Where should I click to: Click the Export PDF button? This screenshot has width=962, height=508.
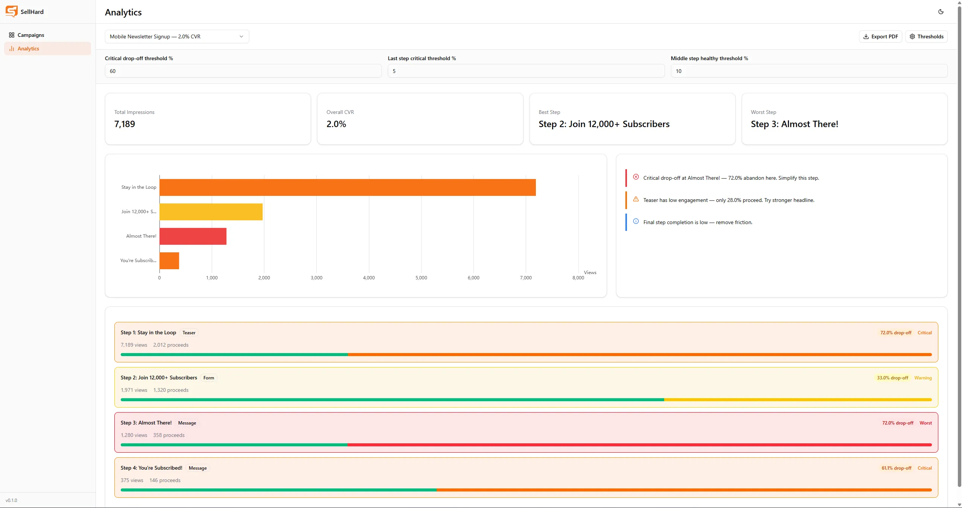[880, 36]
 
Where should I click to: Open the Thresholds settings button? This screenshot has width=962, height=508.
[926, 36]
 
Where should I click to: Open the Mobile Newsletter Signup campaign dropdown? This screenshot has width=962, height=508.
[177, 36]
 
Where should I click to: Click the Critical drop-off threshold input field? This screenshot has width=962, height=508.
[243, 71]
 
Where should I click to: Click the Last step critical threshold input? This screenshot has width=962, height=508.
[526, 71]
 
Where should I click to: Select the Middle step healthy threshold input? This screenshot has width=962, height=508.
[809, 71]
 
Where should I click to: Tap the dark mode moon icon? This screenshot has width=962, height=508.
[941, 12]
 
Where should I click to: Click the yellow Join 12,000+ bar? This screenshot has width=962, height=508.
[211, 212]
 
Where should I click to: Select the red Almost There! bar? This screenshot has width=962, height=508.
[193, 236]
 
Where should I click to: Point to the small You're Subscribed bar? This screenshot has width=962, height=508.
[169, 261]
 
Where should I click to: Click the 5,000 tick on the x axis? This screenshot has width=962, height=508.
[421, 278]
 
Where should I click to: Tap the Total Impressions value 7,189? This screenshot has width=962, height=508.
[124, 124]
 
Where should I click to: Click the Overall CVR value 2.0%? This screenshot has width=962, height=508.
[336, 124]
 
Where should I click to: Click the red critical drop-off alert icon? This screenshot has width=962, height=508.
[636, 177]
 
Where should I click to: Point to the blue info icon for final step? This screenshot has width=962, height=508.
[636, 221]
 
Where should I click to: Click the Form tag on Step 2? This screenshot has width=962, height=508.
[209, 378]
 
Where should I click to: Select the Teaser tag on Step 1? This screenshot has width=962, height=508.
[189, 333]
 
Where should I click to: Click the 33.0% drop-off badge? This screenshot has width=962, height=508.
[892, 378]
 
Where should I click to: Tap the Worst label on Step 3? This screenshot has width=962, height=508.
[926, 423]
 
